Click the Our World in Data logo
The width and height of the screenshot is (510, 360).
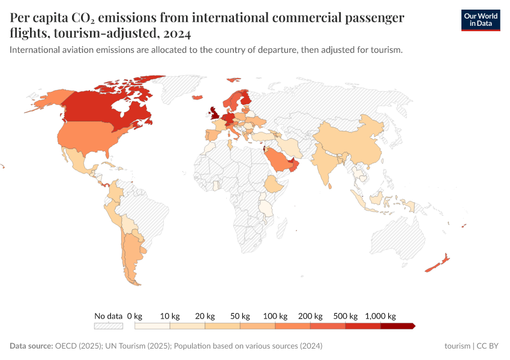pyautogui.click(x=481, y=19)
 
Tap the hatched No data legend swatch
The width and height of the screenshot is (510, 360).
pyautogui.click(x=108, y=326)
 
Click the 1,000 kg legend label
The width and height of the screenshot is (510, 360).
pyautogui.click(x=380, y=316)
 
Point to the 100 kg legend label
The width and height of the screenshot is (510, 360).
pyautogui.click(x=275, y=316)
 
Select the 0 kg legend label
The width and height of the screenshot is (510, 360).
pyautogui.click(x=134, y=316)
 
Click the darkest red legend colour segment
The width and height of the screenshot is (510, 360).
pyautogui.click(x=397, y=326)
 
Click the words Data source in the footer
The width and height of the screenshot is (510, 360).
pyautogui.click(x=31, y=346)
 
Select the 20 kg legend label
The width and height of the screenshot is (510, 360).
pyautogui.click(x=205, y=316)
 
